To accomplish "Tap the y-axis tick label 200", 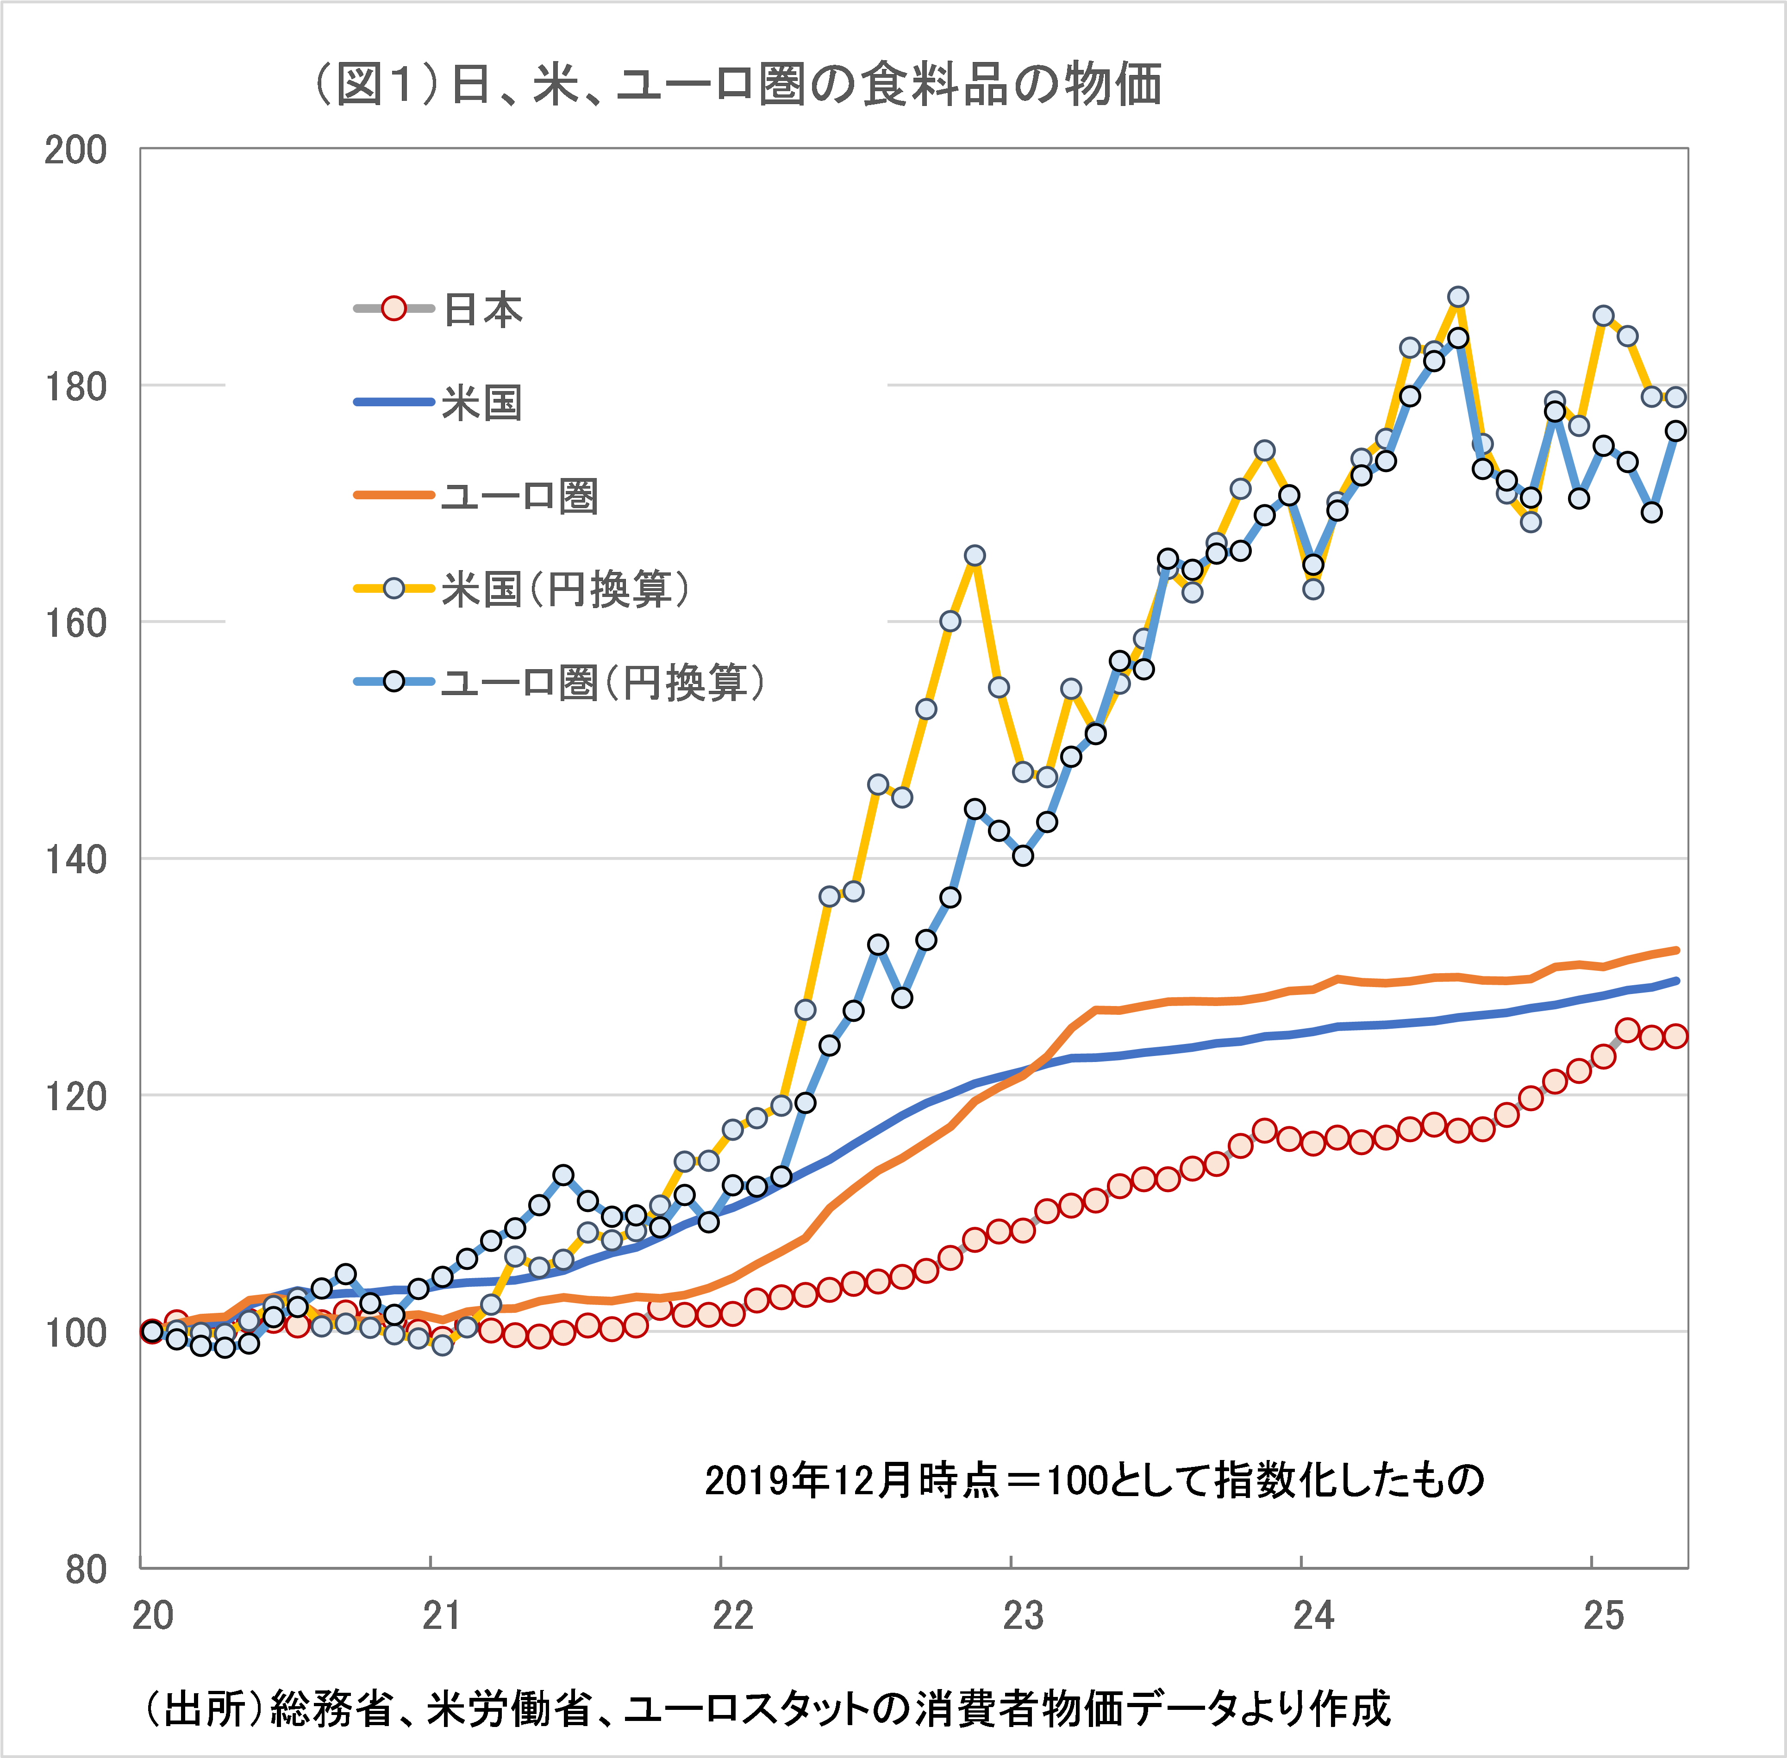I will tap(76, 150).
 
